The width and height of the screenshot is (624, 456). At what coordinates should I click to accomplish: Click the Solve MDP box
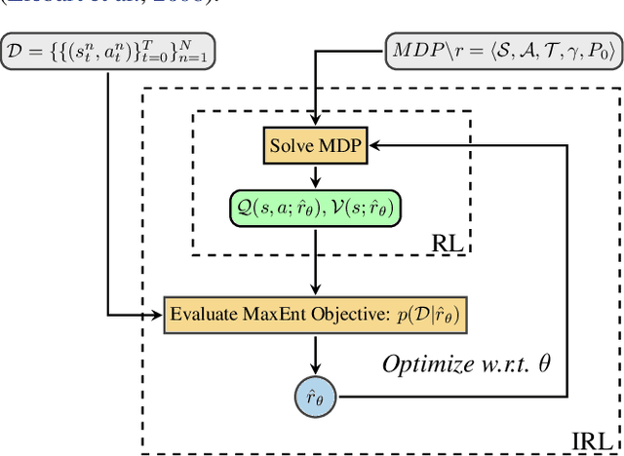pos(315,146)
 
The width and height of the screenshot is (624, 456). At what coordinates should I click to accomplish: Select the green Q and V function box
pos(315,208)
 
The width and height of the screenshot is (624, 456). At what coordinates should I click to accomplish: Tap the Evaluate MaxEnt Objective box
pos(314,314)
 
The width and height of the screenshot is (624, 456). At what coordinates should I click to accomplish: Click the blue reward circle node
pos(314,397)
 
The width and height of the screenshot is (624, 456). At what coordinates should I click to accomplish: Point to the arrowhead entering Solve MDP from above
pos(315,125)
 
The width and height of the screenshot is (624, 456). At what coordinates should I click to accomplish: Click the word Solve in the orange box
pos(292,146)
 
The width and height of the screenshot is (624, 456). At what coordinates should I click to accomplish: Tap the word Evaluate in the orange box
pos(201,314)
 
